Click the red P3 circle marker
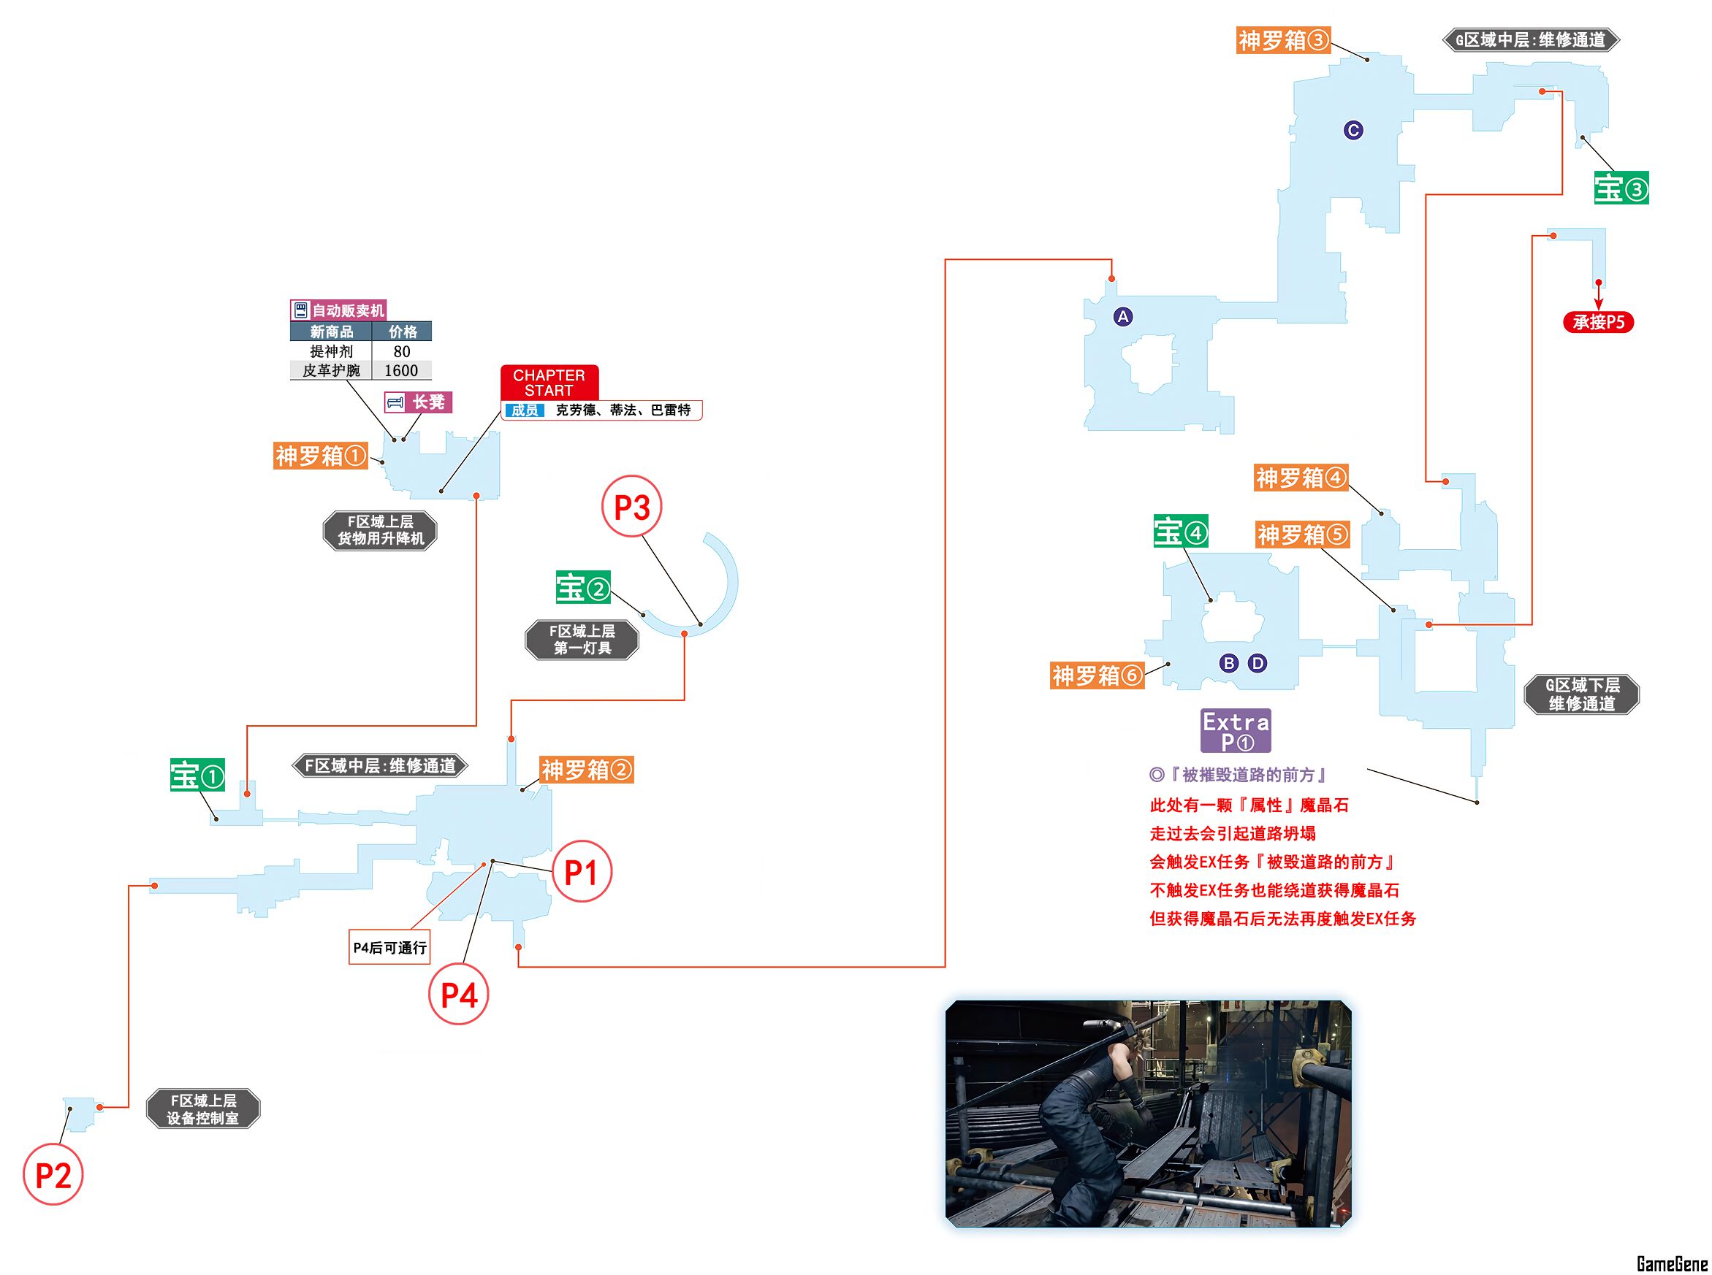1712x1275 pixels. click(631, 507)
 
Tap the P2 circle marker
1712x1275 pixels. click(53, 1176)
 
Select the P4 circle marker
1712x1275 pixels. click(459, 995)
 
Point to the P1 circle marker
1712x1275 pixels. click(582, 872)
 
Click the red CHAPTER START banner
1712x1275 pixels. click(549, 383)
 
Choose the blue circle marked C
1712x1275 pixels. click(1353, 131)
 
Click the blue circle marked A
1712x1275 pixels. click(1123, 316)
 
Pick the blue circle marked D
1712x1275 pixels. click(1258, 663)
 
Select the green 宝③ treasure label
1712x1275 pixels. click(1621, 188)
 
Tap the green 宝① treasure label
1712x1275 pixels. click(198, 776)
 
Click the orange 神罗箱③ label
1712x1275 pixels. click(1283, 40)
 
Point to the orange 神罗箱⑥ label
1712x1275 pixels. click(1097, 676)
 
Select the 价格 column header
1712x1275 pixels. click(403, 332)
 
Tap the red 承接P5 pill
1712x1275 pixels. click(1599, 322)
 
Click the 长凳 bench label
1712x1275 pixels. click(419, 402)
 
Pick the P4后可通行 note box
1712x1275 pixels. click(389, 948)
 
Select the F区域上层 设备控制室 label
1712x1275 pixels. click(203, 1109)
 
